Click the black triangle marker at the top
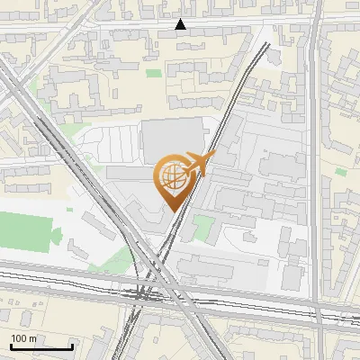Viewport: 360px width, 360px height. tap(181, 24)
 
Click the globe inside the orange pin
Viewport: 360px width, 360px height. tap(171, 177)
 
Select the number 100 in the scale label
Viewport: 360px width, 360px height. tap(19, 338)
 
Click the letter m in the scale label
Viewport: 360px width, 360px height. tap(33, 338)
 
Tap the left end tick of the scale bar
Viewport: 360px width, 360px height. tap(11, 346)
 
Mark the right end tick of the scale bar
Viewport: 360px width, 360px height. tap(72, 346)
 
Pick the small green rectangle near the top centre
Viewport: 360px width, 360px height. tap(154, 72)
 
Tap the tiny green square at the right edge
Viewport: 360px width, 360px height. tap(342, 168)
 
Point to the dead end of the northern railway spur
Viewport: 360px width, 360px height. tap(266, 45)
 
